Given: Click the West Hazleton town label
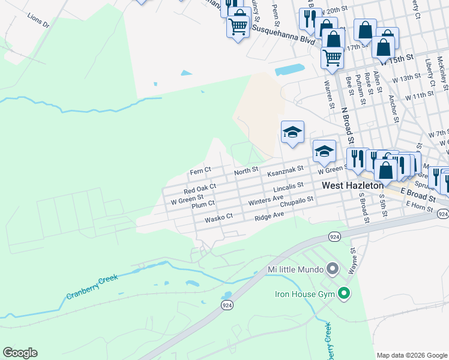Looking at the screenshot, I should [353, 186].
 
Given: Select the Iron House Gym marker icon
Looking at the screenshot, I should [344, 294].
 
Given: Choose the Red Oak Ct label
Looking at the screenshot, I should [200, 188].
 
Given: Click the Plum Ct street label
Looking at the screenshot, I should [203, 204].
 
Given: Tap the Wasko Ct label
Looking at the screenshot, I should [218, 219].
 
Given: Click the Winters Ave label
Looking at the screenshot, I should [265, 199].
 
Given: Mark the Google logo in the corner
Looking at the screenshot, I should [20, 353].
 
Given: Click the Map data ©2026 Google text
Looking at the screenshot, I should [412, 355].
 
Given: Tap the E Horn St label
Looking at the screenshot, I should [418, 205].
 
